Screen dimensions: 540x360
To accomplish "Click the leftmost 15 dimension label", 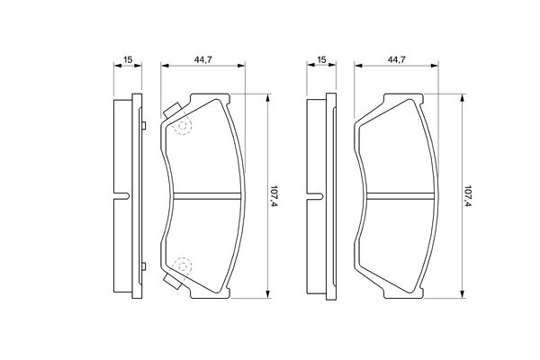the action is coord(128,59).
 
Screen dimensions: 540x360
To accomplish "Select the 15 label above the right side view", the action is coord(321,59).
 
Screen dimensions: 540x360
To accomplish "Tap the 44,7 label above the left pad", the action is coord(202,59).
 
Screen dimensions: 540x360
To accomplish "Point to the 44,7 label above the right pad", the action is coord(396,59).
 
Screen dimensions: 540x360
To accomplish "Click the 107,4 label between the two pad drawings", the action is coord(274,195).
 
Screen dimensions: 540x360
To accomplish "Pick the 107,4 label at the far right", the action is coord(468,195).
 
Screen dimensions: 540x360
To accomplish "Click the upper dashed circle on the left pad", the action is coord(183,126).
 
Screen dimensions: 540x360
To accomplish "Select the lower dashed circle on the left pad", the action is coord(183,266).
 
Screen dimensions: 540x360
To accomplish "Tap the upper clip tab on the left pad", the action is coord(173,111).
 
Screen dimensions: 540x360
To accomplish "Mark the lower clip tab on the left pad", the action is coord(173,281).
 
